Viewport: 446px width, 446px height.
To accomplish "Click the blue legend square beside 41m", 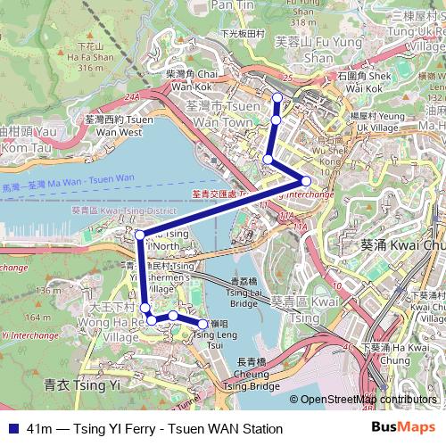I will pos(12,429).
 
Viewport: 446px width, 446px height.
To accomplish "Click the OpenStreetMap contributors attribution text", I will pos(366,400).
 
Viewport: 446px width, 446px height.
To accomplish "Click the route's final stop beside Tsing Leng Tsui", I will pos(203,325).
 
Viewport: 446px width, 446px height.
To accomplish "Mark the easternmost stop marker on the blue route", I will pos(306,181).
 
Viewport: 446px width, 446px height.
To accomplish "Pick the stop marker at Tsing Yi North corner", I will pos(139,235).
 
